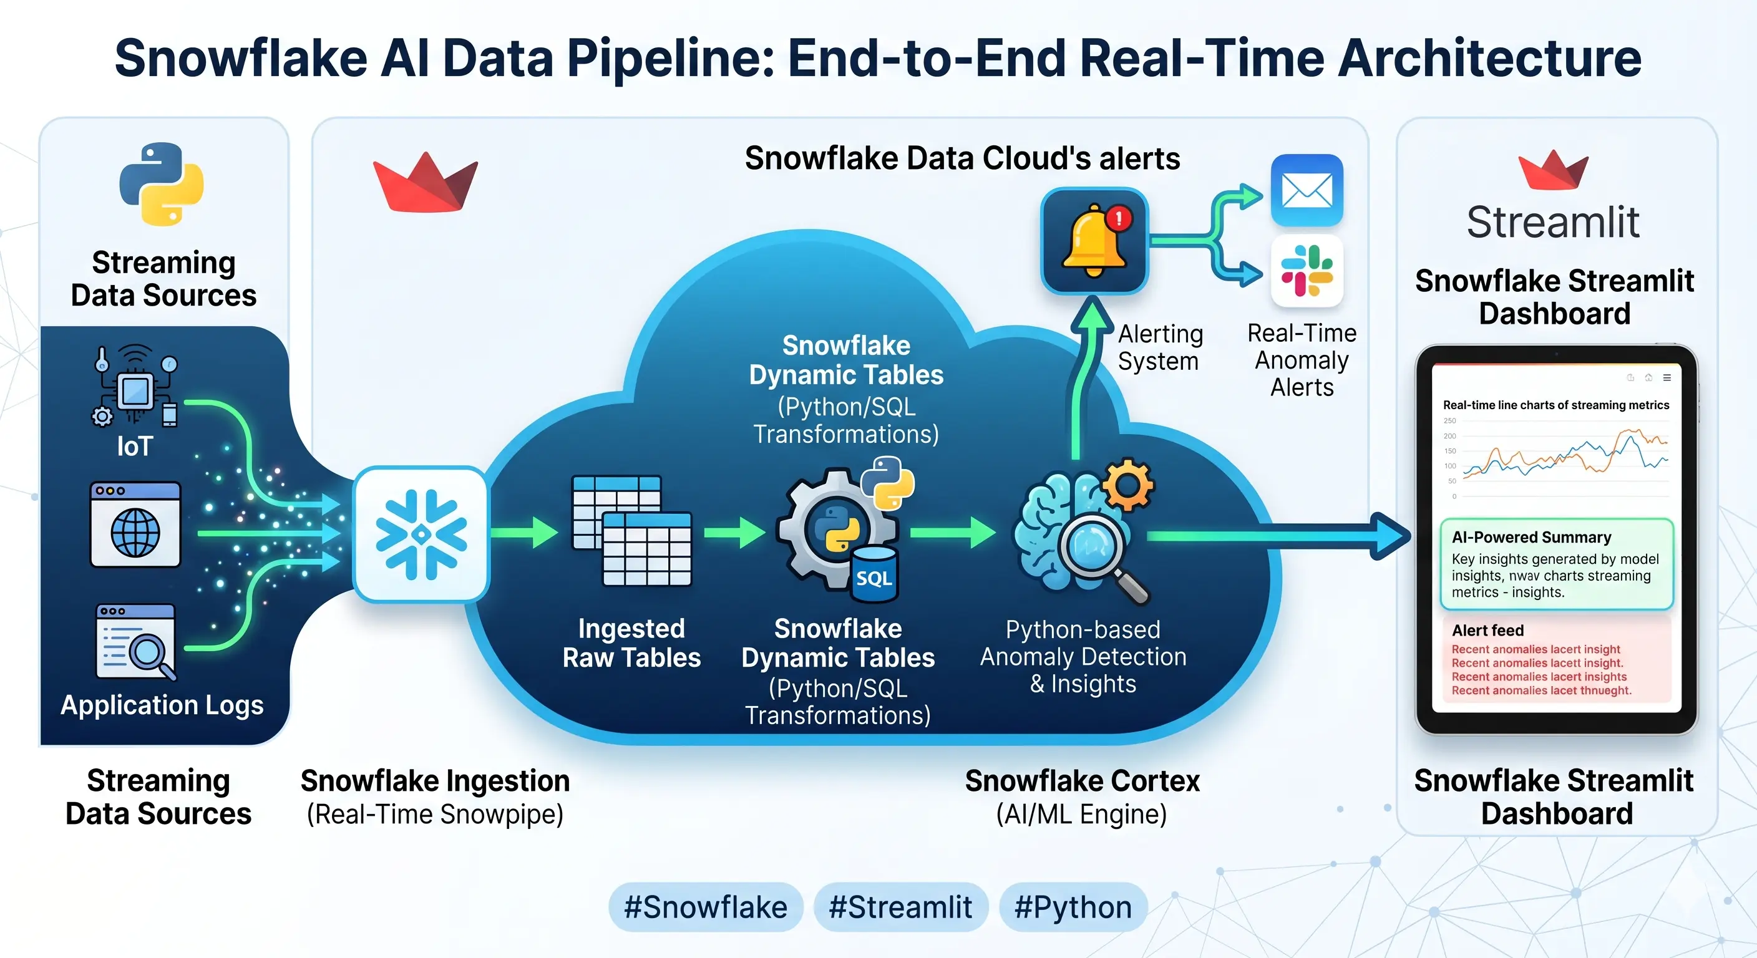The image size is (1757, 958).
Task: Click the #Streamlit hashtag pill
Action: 900,907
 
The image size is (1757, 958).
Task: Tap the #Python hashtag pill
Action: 1073,907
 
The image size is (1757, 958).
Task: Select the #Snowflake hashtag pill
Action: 705,907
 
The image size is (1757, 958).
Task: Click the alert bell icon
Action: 1094,241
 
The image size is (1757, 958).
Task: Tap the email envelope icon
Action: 1307,190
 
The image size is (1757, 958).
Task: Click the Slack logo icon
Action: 1307,271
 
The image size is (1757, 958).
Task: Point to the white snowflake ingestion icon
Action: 421,534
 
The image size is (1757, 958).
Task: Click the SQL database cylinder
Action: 874,575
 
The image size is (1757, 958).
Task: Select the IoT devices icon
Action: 135,387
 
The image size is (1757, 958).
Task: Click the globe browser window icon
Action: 135,525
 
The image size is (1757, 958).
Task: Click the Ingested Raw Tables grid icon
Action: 631,531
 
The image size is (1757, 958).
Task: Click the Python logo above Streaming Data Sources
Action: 162,184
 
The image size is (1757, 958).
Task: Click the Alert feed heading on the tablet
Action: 1487,630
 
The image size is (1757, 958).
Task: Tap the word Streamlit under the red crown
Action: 1553,222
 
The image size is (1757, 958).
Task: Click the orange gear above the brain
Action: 1128,485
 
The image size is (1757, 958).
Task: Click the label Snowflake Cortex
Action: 1082,781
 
